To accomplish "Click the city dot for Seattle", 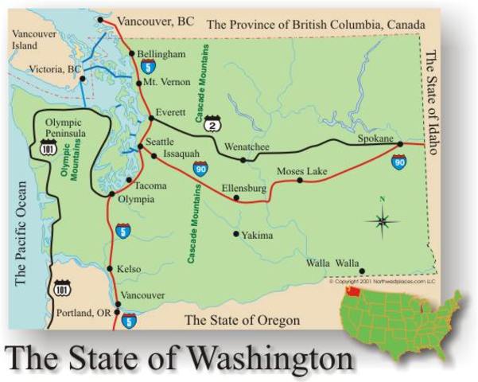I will [140, 146].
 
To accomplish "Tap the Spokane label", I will [374, 138].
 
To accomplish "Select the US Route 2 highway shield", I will [212, 125].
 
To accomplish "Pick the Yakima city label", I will [258, 236].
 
